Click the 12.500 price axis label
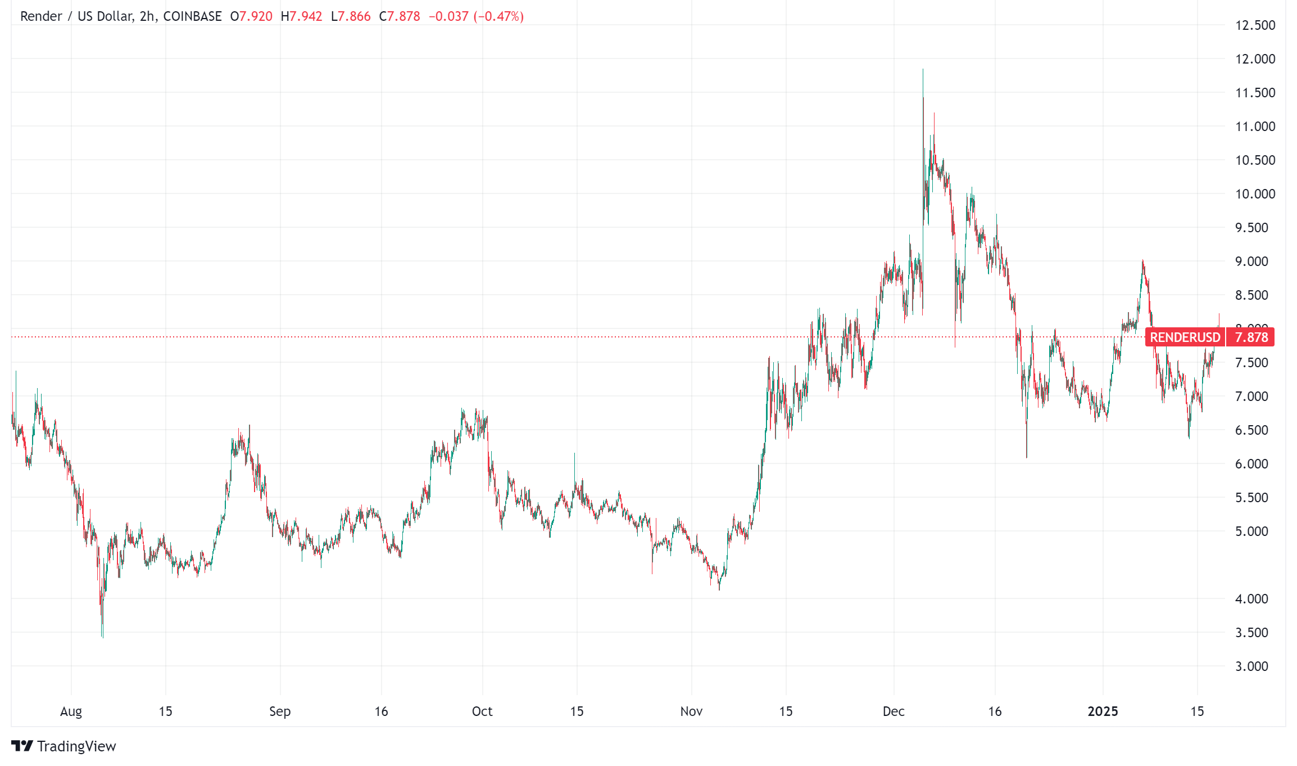[x=1255, y=25]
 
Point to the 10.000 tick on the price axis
[x=1255, y=194]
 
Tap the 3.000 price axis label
[x=1251, y=666]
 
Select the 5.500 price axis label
[x=1251, y=498]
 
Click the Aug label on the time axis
[x=71, y=711]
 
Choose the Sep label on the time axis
[x=280, y=711]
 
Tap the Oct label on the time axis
[x=482, y=711]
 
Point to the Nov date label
[x=691, y=711]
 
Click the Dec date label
[x=894, y=711]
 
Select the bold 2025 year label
[x=1103, y=711]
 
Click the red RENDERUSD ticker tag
[x=1185, y=337]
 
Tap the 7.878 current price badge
[x=1251, y=337]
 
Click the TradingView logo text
[x=76, y=746]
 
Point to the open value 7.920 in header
[x=256, y=16]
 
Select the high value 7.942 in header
[x=306, y=16]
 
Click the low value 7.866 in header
[x=354, y=16]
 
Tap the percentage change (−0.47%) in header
[x=498, y=16]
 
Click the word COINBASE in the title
[x=192, y=16]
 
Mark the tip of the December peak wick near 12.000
[x=923, y=69]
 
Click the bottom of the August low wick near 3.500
[x=103, y=637]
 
